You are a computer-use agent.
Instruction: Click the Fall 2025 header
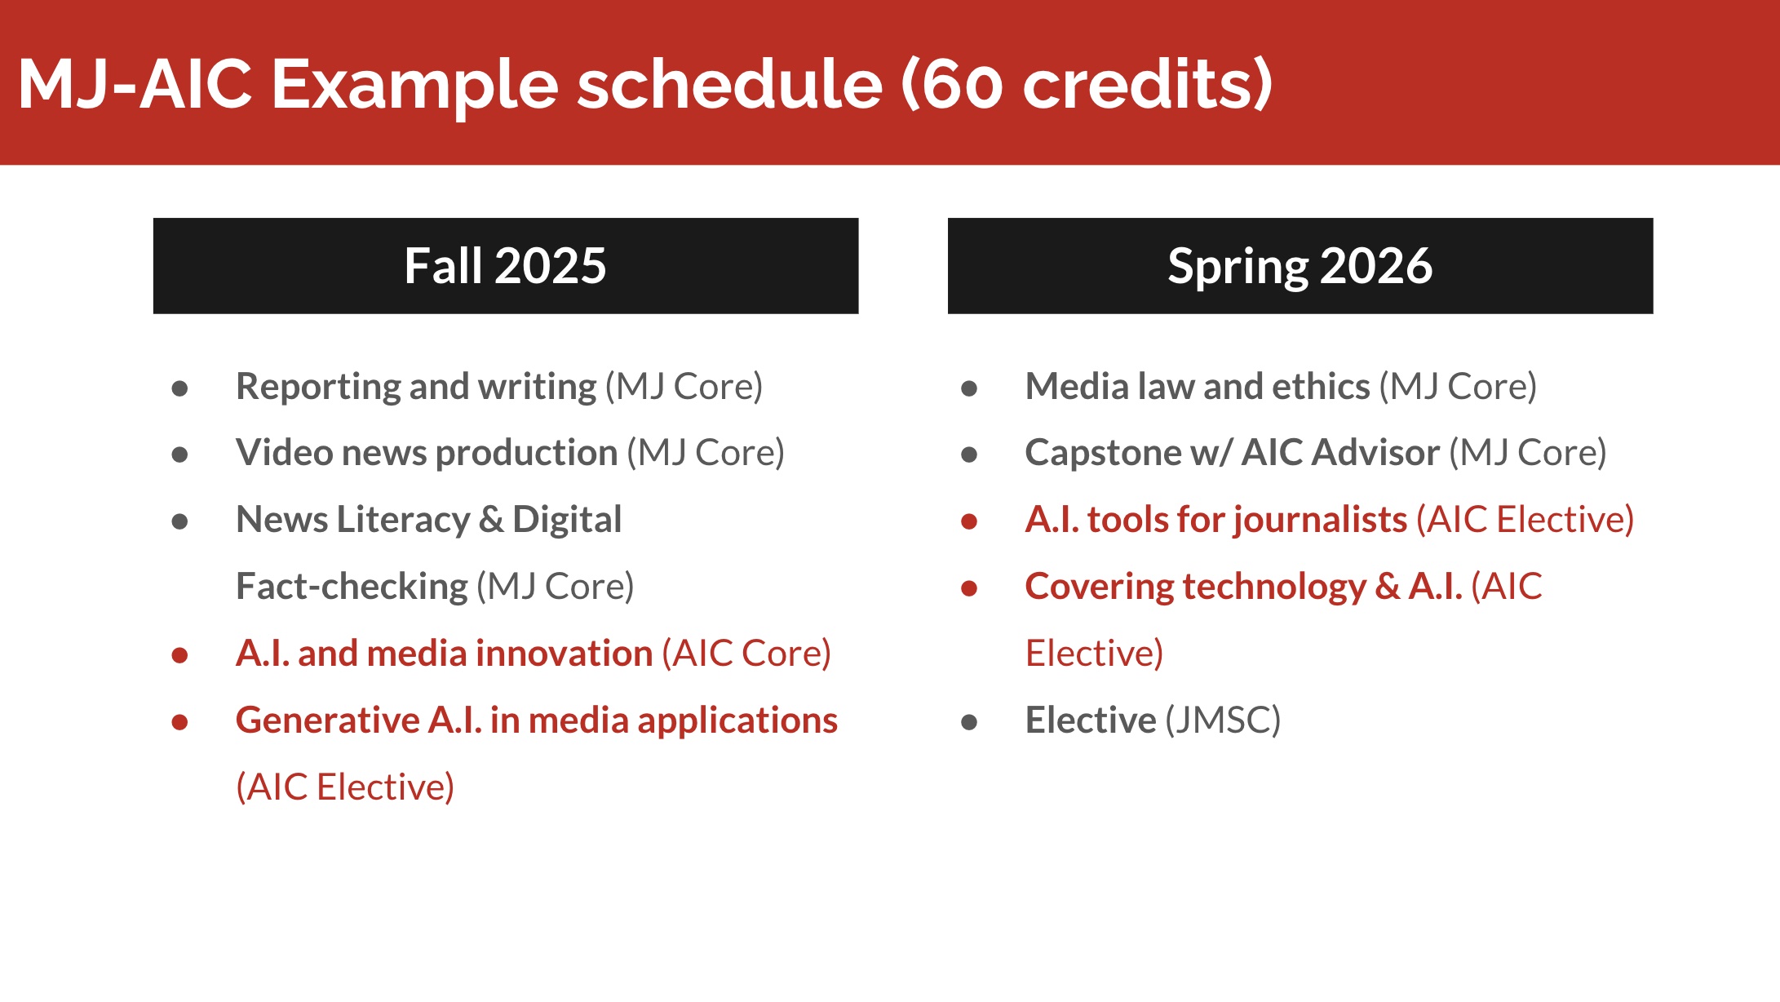506,266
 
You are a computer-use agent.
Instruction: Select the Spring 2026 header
1300,266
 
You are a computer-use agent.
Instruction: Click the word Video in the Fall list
284,452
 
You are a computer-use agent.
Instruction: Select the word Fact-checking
352,587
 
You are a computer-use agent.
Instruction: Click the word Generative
327,720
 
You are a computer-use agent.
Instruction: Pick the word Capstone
1104,454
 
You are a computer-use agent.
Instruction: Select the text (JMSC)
1223,720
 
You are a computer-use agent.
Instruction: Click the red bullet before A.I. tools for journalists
969,521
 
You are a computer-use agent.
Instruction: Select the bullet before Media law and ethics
969,388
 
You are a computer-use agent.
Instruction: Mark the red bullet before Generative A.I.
180,722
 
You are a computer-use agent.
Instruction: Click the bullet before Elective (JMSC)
969,722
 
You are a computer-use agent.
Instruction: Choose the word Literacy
405,521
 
